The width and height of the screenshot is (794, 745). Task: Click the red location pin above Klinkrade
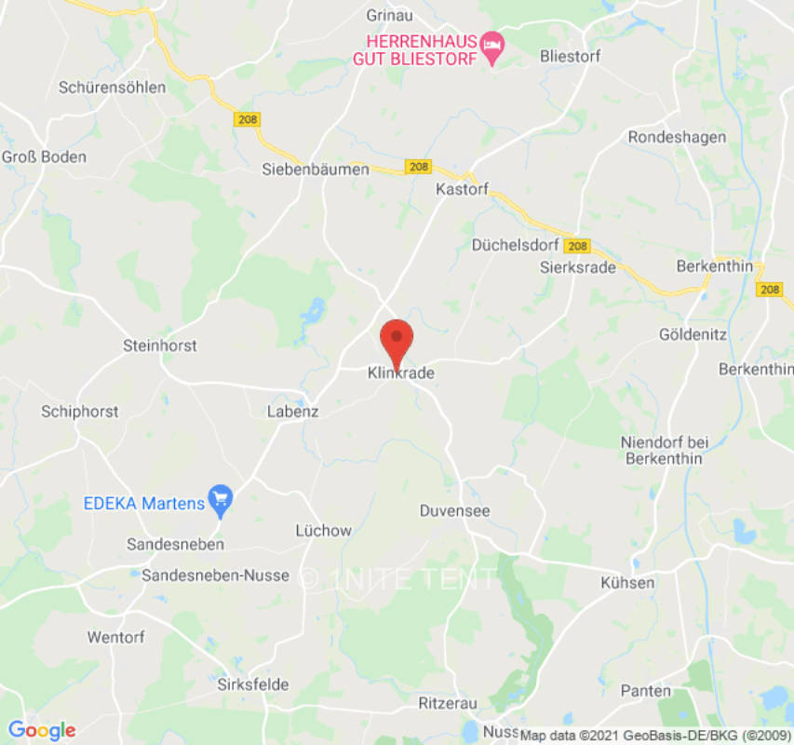[397, 339]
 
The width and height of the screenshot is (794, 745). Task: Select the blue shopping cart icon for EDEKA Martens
[222, 500]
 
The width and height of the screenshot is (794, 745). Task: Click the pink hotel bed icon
[492, 47]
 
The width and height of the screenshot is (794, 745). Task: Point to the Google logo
[41, 730]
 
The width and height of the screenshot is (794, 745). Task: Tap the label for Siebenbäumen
[316, 169]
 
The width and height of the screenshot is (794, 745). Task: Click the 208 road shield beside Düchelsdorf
[577, 246]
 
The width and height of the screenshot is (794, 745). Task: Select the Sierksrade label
[578, 267]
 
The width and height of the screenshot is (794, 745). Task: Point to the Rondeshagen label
[677, 137]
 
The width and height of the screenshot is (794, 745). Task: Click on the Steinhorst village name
[160, 345]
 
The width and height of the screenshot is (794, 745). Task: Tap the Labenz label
[292, 411]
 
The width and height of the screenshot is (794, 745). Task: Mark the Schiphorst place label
[80, 411]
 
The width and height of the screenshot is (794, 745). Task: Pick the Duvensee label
[454, 510]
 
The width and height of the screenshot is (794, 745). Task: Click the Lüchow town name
[323, 531]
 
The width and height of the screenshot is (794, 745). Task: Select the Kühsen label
[627, 583]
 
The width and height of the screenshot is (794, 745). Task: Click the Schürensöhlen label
[112, 88]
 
